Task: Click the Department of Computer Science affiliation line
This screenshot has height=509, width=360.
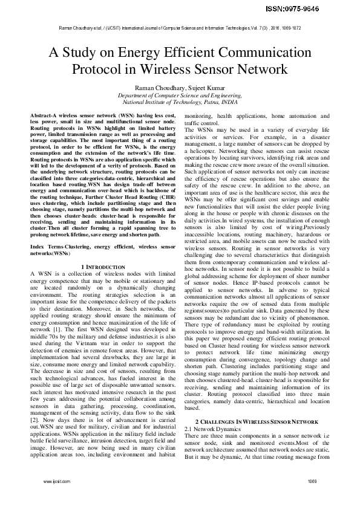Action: pos(180,96)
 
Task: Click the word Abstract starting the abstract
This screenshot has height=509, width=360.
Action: pos(42,115)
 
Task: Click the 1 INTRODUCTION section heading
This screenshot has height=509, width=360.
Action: pos(103,267)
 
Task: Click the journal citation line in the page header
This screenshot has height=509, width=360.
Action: pos(180,28)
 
